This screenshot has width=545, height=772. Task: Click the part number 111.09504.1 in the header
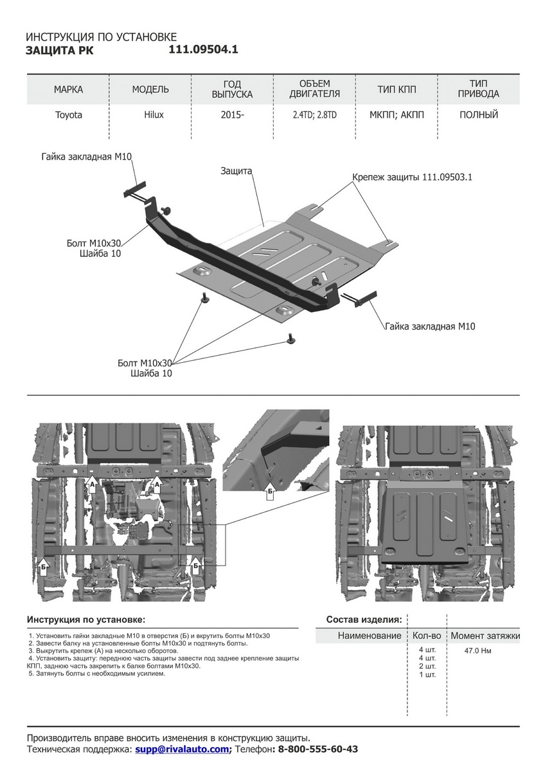pos(203,50)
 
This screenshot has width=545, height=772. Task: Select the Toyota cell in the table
pos(68,115)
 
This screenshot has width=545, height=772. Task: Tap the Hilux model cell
pos(154,115)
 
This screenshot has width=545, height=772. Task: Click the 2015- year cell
pos(232,115)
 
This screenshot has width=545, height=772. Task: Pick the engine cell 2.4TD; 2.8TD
pos(315,115)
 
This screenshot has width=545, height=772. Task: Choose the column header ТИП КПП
pos(396,89)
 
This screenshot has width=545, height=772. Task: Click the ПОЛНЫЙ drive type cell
pos(479,115)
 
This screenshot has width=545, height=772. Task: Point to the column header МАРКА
pos(68,89)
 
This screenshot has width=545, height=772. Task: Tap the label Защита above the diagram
pos(236,172)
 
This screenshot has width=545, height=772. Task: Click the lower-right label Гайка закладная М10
pos(430,327)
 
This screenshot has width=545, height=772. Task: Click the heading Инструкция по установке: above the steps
pos(86,620)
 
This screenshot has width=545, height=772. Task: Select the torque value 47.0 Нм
pos(478,650)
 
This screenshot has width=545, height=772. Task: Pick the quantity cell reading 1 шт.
pos(427,674)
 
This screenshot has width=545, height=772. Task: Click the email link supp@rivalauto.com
pos(182,749)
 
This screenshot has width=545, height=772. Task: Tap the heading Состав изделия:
pos(364,620)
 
